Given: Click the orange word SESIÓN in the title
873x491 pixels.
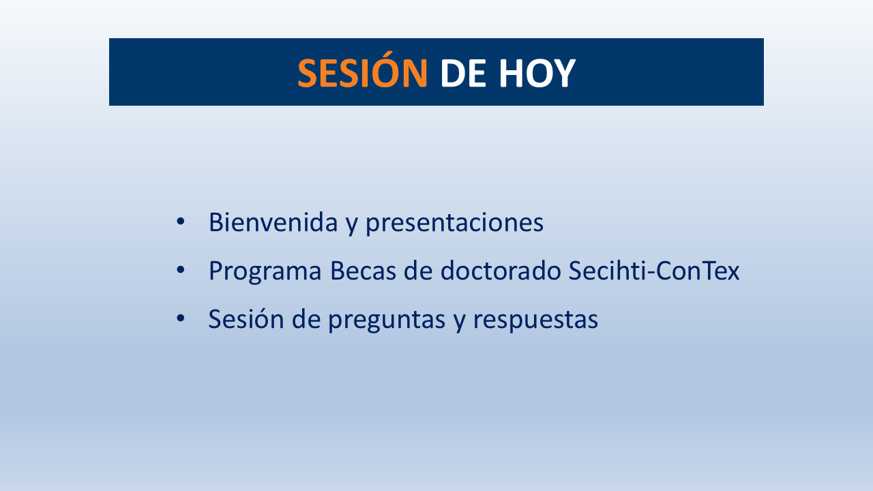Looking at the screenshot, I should click(362, 73).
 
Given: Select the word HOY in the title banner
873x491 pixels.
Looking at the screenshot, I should click(537, 73).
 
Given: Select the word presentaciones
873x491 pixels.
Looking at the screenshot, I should click(454, 224).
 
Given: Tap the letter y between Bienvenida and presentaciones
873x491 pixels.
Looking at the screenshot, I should click(351, 225).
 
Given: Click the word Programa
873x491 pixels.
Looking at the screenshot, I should click(265, 272).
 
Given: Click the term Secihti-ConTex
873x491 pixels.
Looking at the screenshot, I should click(654, 271).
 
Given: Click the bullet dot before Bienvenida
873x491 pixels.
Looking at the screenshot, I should click(181, 222).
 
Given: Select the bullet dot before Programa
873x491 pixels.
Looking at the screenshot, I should click(181, 270).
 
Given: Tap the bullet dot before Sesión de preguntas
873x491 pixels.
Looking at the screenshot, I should click(181, 318).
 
